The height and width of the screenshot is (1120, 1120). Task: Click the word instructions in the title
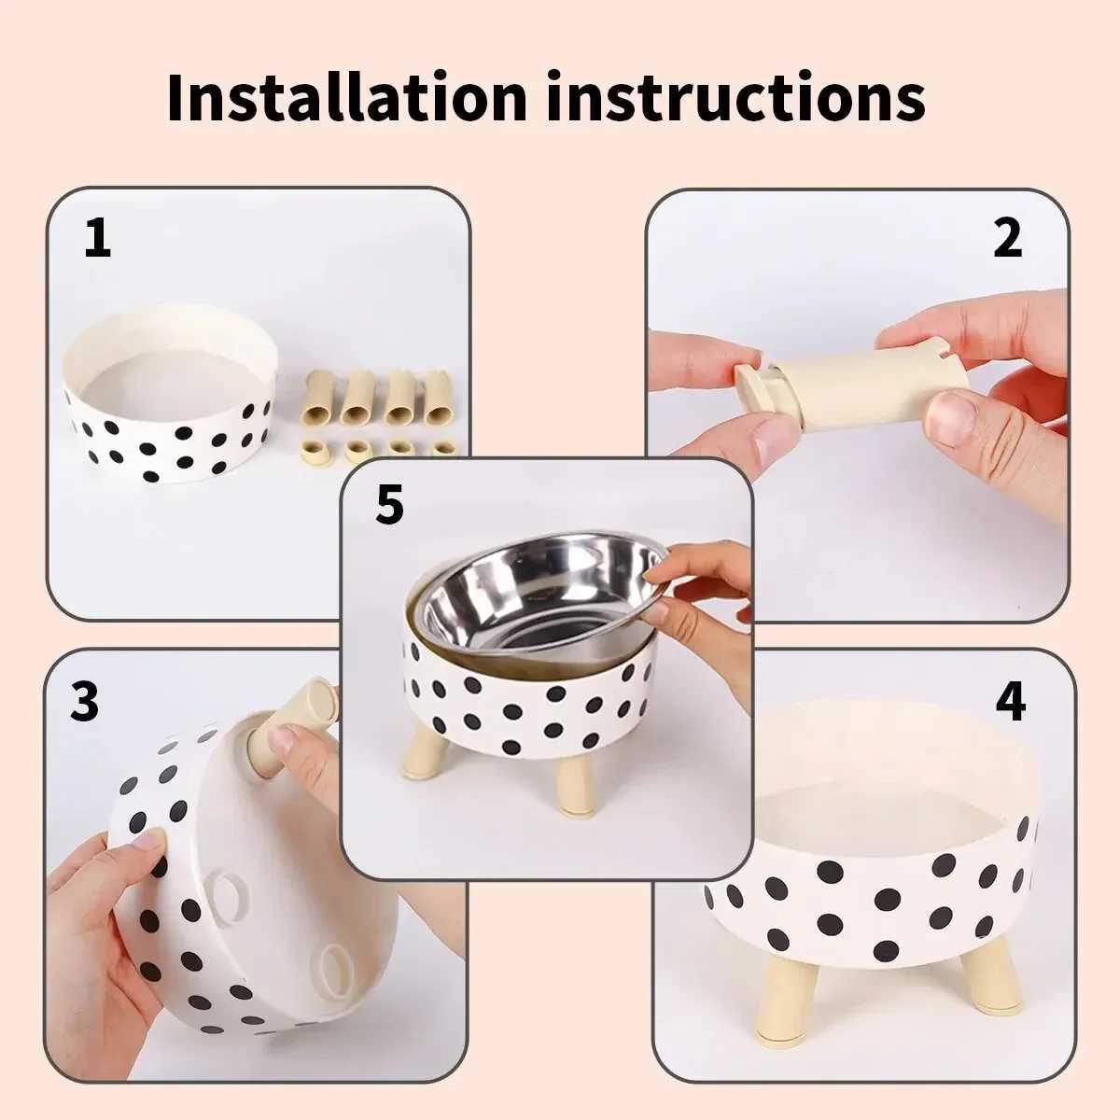point(735,96)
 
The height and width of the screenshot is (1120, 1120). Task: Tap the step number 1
point(97,239)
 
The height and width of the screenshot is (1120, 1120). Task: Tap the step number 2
point(1007,239)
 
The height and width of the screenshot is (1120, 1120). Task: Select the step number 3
point(84,702)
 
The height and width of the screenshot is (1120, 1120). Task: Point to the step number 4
point(1010,702)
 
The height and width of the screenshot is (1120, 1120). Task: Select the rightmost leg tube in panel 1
point(436,397)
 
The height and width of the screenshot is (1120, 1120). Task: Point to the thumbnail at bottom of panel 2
point(950,417)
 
